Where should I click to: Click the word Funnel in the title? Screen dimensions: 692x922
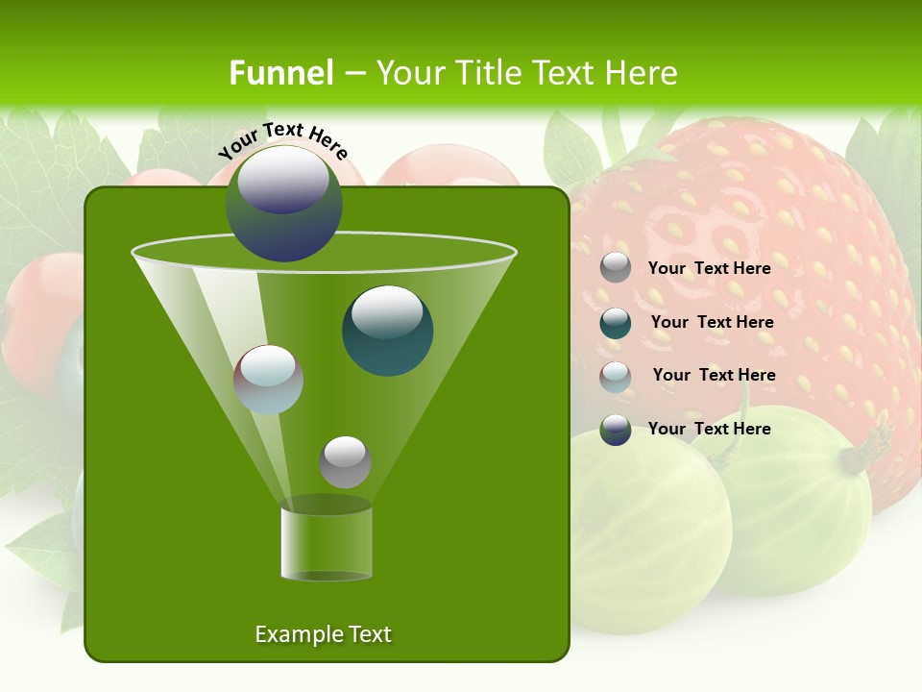[281, 73]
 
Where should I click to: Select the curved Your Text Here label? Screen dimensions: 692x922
[283, 140]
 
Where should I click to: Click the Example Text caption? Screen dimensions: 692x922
[323, 634]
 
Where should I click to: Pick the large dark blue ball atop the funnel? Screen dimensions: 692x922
[284, 204]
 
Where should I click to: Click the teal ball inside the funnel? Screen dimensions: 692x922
[388, 330]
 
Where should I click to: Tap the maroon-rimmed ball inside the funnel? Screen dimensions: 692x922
[269, 380]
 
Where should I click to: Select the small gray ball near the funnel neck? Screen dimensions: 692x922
[345, 461]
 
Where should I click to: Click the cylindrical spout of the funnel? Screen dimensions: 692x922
[327, 543]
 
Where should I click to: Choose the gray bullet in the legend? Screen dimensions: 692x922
[616, 268]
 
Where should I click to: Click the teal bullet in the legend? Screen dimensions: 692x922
[616, 323]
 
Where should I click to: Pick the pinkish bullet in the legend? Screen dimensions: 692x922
[616, 376]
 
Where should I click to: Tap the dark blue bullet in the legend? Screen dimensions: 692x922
[616, 430]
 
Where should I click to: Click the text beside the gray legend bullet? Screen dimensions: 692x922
[709, 268]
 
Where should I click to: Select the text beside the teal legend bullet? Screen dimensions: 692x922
[712, 322]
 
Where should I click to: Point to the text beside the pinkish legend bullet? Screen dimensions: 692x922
[714, 375]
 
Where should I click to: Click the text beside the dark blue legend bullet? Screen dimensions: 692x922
[709, 429]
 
